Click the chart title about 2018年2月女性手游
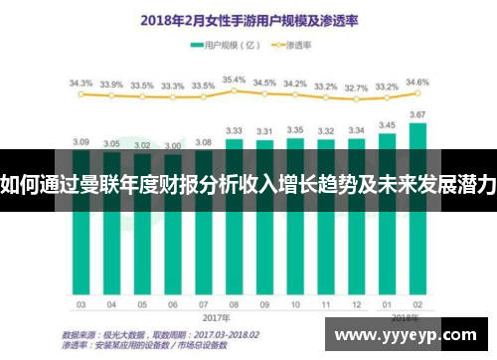click(248, 19)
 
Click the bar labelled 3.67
click(417, 239)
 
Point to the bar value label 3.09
click(82, 141)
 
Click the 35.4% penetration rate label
click(234, 79)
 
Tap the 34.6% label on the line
click(417, 82)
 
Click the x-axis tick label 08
click(235, 304)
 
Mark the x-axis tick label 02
click(417, 304)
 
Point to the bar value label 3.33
click(235, 129)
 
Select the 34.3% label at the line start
click(81, 83)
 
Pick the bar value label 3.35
click(295, 129)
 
